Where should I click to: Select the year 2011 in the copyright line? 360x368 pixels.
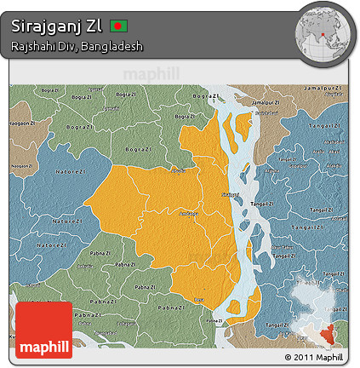pyautogui.click(x=302, y=357)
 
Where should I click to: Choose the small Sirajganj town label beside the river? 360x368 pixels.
pyautogui.click(x=229, y=195)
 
